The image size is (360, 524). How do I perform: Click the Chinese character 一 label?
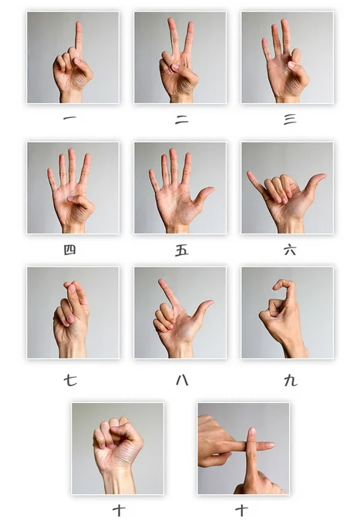[x=69, y=119]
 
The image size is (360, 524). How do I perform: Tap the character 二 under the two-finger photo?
[x=181, y=119]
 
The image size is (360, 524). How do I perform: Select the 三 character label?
[x=289, y=119]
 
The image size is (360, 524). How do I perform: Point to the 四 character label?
[x=69, y=250]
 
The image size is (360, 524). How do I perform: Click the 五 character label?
[x=181, y=250]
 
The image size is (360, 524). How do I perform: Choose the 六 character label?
[x=289, y=250]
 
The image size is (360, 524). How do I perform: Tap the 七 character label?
[x=70, y=380]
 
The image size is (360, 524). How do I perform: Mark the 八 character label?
[x=181, y=380]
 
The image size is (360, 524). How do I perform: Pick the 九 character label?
[x=289, y=380]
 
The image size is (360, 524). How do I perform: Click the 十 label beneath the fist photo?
[x=119, y=509]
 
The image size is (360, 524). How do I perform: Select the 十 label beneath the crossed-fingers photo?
[x=242, y=509]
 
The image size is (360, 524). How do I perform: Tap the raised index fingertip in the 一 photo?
[x=78, y=26]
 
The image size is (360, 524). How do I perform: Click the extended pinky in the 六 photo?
[x=253, y=179]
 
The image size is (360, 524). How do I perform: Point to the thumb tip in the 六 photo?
[x=320, y=178]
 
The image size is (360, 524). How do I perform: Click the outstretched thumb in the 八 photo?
[x=206, y=305]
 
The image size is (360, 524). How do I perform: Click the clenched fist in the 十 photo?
[x=117, y=441]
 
